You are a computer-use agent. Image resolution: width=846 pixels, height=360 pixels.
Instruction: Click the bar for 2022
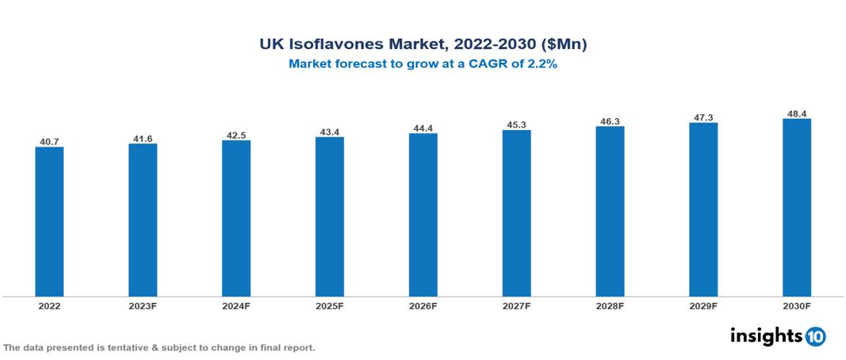(x=49, y=221)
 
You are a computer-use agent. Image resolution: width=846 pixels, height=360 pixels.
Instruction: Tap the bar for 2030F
(x=796, y=208)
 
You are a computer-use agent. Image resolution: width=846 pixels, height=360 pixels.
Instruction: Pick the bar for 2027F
(x=516, y=213)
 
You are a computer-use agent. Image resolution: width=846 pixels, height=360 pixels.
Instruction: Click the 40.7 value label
(x=49, y=141)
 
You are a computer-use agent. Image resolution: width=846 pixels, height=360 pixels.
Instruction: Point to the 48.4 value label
(x=796, y=113)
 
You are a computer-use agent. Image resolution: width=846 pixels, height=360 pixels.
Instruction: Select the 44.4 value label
(x=423, y=128)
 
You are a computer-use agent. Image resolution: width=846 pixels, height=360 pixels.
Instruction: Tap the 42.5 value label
(x=236, y=135)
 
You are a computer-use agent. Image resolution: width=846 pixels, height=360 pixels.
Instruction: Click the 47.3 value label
(x=703, y=117)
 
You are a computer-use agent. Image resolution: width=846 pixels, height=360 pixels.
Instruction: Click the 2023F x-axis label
(x=143, y=306)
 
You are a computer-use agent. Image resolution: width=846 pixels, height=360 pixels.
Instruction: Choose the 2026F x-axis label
(x=423, y=306)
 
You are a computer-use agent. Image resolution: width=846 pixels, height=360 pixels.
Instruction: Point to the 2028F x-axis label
(x=610, y=306)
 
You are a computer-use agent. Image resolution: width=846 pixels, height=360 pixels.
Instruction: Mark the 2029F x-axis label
(x=703, y=306)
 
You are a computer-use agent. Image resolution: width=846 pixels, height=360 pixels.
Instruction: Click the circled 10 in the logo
(x=815, y=336)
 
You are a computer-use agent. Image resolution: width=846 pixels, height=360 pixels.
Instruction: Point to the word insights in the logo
(x=766, y=335)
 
